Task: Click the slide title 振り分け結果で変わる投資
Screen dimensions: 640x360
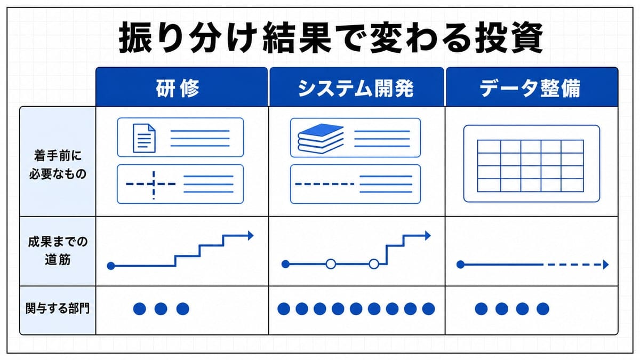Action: pos(331,37)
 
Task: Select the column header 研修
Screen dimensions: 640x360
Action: pos(178,88)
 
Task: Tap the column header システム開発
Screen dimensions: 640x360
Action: pos(356,88)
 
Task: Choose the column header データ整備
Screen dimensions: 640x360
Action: pos(530,88)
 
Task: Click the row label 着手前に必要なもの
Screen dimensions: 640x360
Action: pos(58,165)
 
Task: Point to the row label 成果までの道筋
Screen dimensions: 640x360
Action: pos(58,251)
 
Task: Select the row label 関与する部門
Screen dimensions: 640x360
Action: pos(58,309)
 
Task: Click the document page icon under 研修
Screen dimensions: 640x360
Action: pos(145,138)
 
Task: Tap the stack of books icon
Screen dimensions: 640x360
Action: pos(321,139)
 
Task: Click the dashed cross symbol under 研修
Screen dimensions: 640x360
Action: pos(154,184)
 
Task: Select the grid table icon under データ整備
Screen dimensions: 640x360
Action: pos(531,166)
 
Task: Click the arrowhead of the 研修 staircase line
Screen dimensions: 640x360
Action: pos(251,235)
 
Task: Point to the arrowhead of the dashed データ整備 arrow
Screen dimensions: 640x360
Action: pos(606,265)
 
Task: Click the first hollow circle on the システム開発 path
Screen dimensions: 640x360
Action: pos(331,264)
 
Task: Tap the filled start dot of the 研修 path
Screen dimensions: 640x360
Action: pos(111,266)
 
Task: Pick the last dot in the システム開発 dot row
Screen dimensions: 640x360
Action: pos(428,309)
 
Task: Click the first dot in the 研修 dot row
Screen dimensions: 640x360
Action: pos(139,309)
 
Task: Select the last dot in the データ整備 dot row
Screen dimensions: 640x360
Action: pos(543,309)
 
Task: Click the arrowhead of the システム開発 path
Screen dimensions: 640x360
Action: pos(428,236)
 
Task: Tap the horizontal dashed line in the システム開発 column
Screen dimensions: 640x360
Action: pos(325,184)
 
